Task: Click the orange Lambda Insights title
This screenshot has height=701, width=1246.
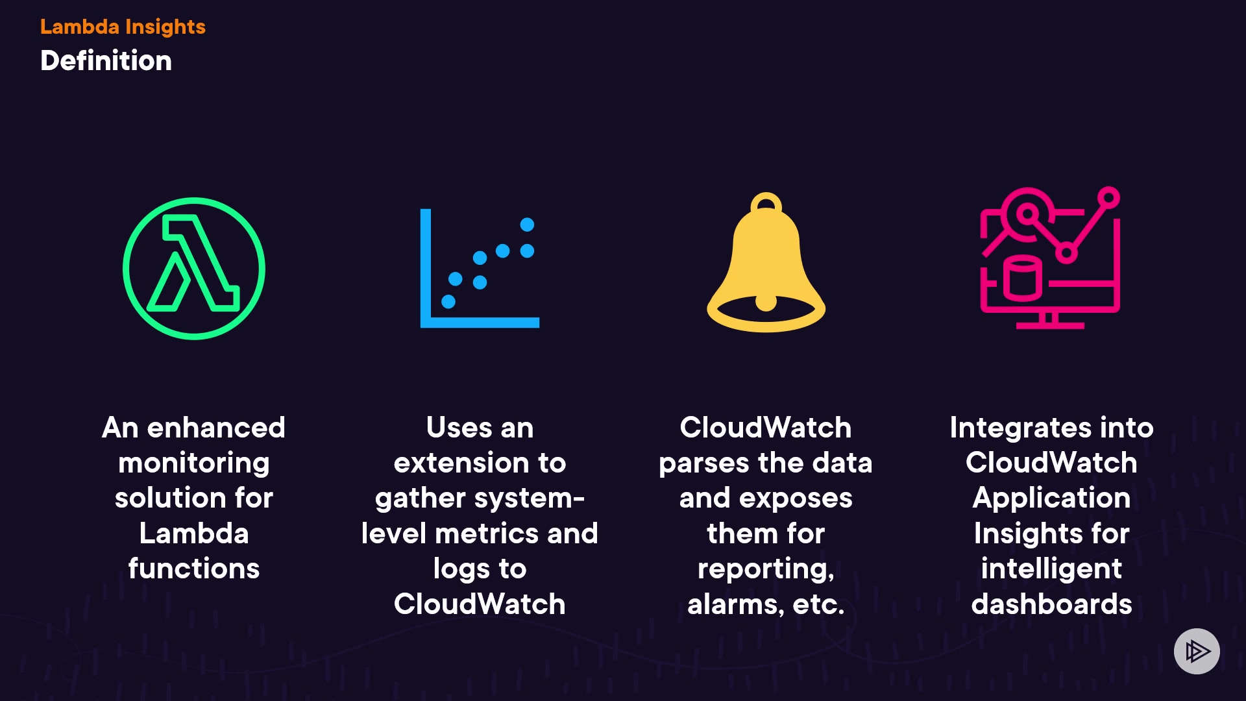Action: [x=123, y=27]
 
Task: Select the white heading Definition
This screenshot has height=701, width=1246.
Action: [x=106, y=60]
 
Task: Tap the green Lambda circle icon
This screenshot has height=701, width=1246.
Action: [x=194, y=268]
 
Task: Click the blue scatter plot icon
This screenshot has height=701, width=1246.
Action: [x=480, y=268]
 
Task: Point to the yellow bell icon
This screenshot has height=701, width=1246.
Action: [x=766, y=266]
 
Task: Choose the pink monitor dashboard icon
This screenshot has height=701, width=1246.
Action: [x=1050, y=258]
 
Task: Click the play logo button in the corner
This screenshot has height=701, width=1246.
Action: [x=1197, y=651]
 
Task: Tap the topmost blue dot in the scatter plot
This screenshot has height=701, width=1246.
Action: [x=527, y=225]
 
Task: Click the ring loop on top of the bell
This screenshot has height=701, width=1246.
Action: [x=766, y=203]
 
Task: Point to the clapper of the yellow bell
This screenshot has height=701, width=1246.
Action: [x=766, y=302]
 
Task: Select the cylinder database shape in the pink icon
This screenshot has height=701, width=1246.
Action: [x=1023, y=278]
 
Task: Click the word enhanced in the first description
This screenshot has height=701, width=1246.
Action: [x=216, y=428]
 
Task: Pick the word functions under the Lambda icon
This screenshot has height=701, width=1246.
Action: [x=194, y=569]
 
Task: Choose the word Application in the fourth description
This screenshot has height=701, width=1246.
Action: [x=1051, y=498]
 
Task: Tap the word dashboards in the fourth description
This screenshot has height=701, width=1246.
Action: [x=1051, y=604]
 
